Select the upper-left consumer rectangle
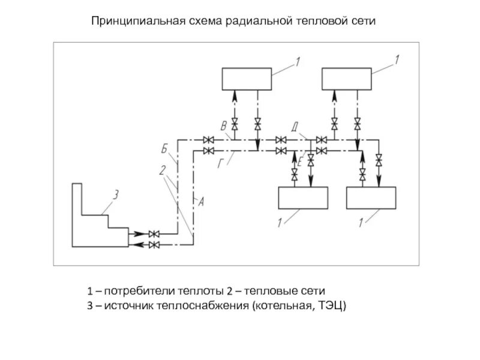(247, 79)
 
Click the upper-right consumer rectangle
(346, 79)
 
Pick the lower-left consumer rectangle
(302, 197)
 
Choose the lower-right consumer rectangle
(371, 197)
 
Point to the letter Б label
(164, 147)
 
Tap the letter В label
(223, 126)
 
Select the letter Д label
(295, 127)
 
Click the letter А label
(202, 202)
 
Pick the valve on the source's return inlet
(154, 245)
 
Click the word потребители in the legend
(139, 292)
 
